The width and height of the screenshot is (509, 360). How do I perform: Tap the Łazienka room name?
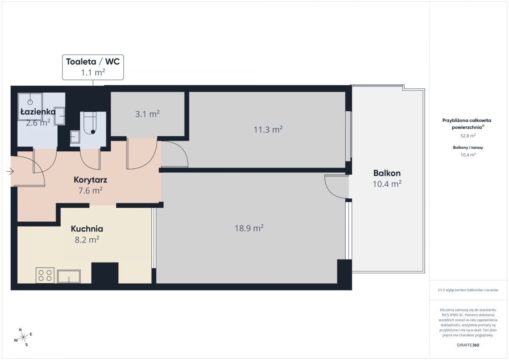pyautogui.click(x=38, y=112)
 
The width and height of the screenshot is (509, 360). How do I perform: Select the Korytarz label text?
pyautogui.click(x=90, y=180)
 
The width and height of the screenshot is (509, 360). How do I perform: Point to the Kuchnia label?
pyautogui.click(x=87, y=229)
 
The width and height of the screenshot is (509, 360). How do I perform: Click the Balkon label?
pyautogui.click(x=387, y=173)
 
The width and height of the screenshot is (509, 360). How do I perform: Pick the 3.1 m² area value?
pyautogui.click(x=148, y=114)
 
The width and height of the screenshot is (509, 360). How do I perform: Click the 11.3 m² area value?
pyautogui.click(x=268, y=129)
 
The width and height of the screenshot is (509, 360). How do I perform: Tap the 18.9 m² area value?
pyautogui.click(x=249, y=228)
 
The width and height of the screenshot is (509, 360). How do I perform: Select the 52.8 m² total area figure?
pyautogui.click(x=468, y=136)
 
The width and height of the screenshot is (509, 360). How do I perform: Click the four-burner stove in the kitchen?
pyautogui.click(x=45, y=275)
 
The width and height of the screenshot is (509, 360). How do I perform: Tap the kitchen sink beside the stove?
pyautogui.click(x=69, y=276)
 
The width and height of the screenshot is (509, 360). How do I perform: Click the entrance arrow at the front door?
pyautogui.click(x=10, y=171)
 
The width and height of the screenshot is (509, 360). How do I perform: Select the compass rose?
pyautogui.click(x=23, y=337)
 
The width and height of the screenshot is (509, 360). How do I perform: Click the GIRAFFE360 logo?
pyautogui.click(x=468, y=345)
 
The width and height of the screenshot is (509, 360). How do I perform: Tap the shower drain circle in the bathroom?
pyautogui.click(x=30, y=102)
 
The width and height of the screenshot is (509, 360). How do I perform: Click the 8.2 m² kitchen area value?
pyautogui.click(x=87, y=240)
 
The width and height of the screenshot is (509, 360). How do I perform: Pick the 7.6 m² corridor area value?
pyautogui.click(x=90, y=190)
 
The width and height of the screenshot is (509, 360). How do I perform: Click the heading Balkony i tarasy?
pyautogui.click(x=468, y=148)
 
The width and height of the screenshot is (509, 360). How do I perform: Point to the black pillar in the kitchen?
pyautogui.click(x=105, y=273)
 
